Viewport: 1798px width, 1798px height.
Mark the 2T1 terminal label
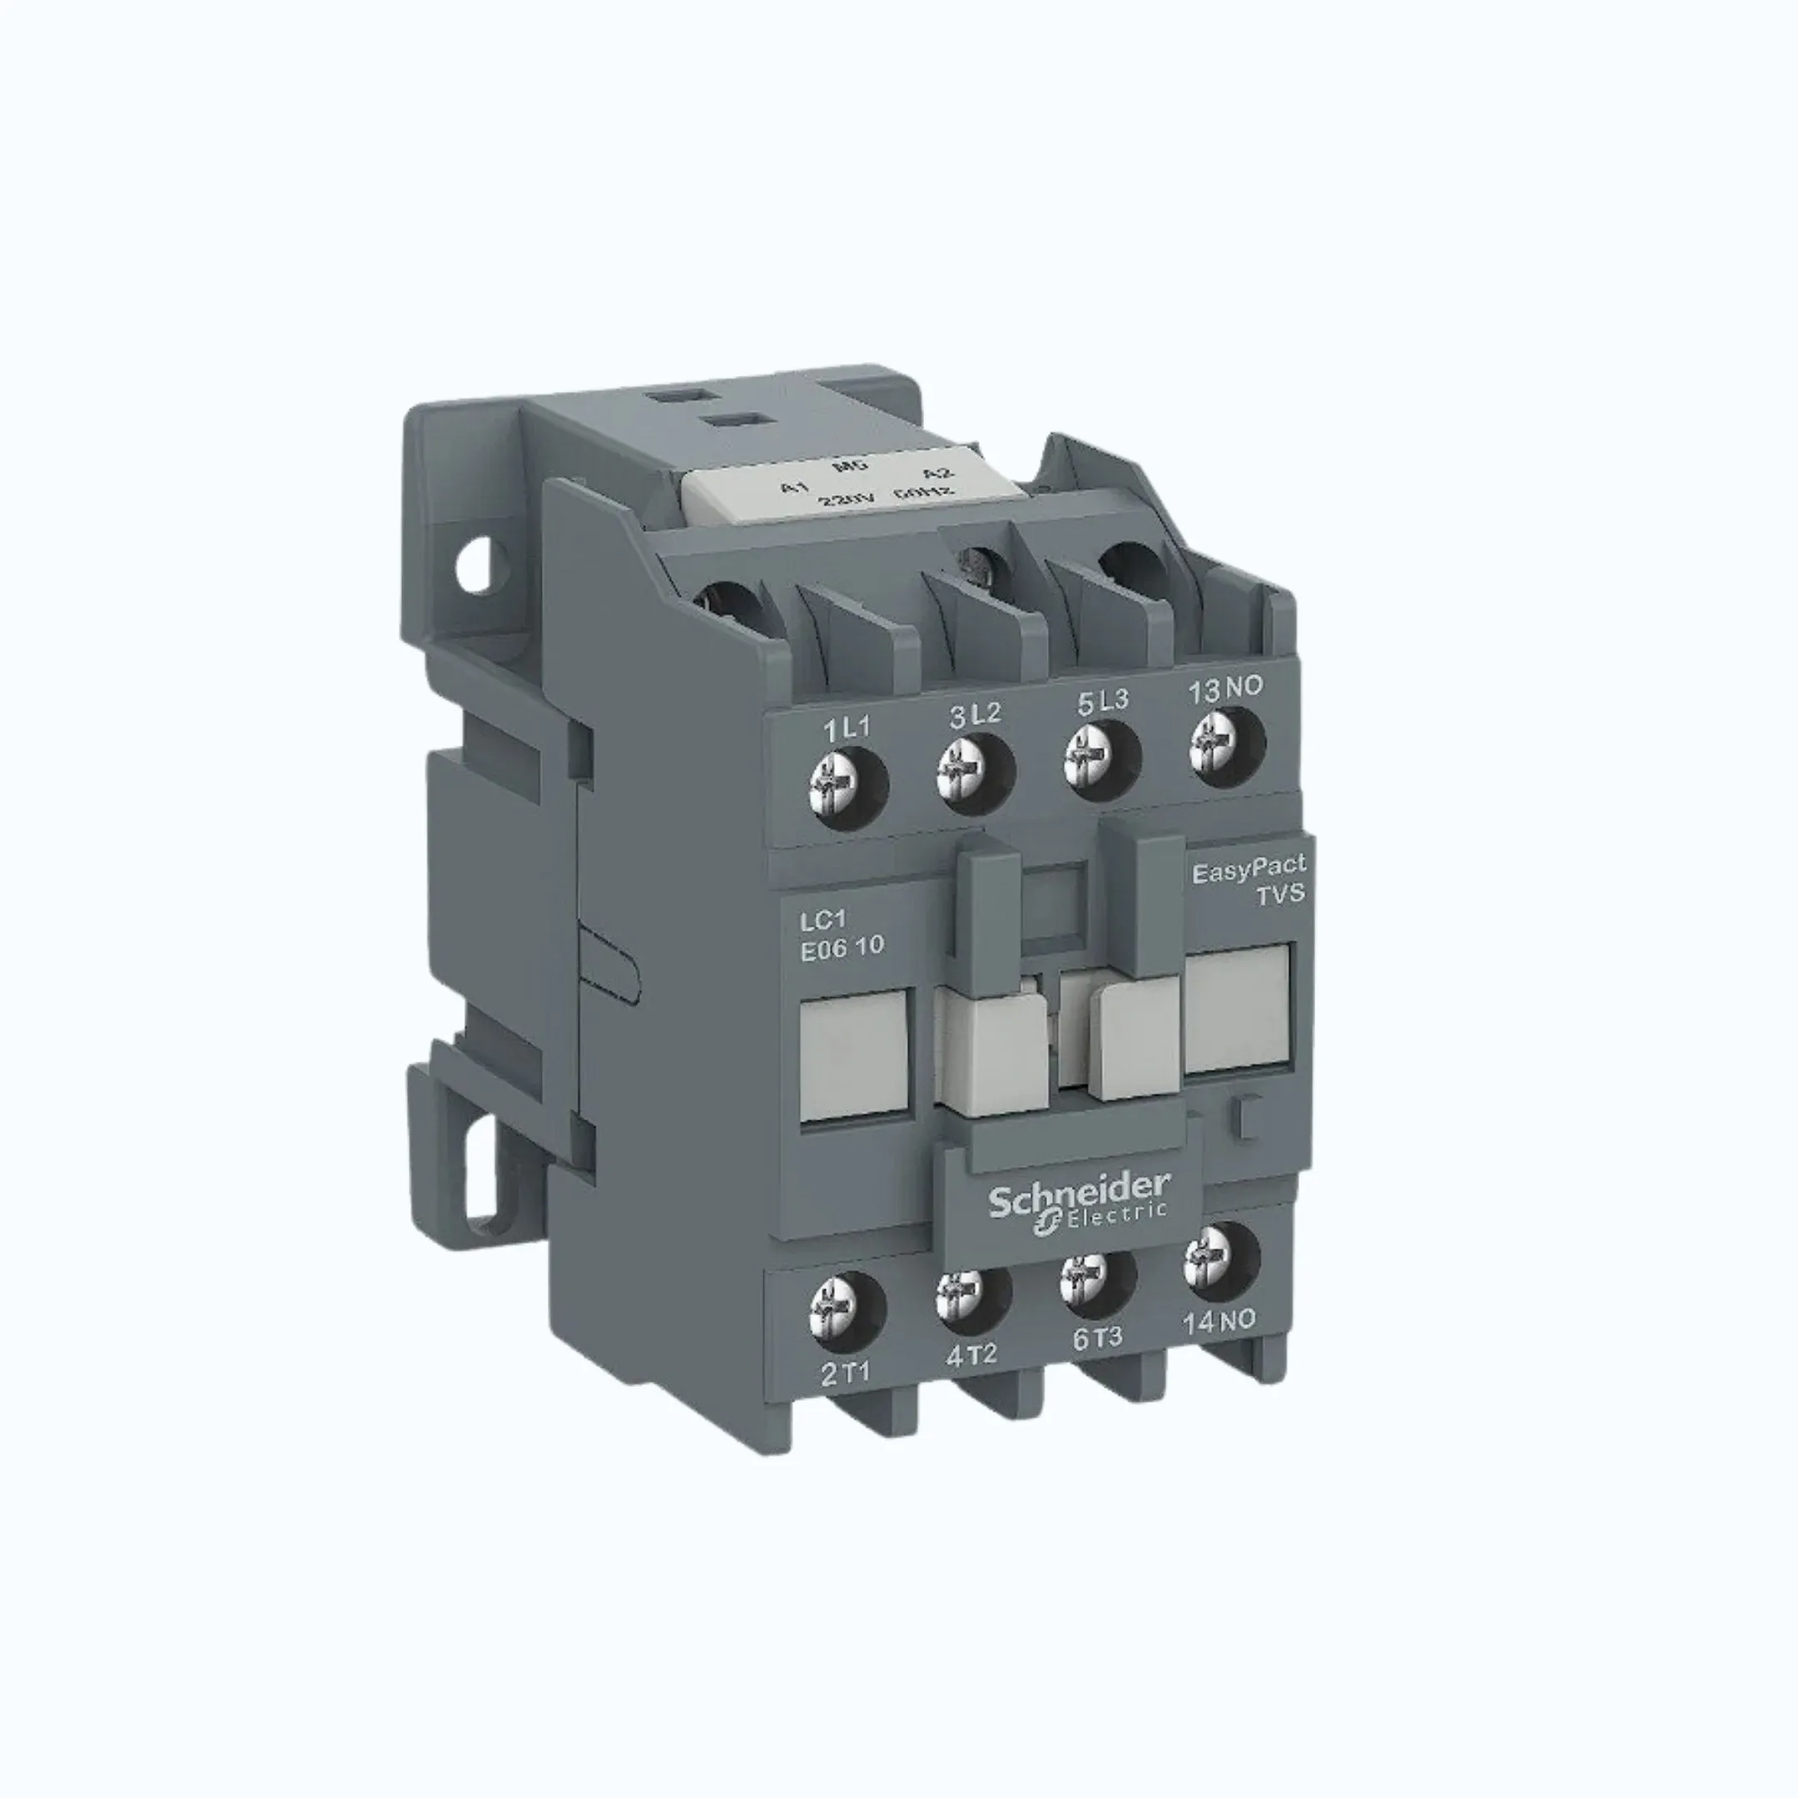click(x=846, y=1373)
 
